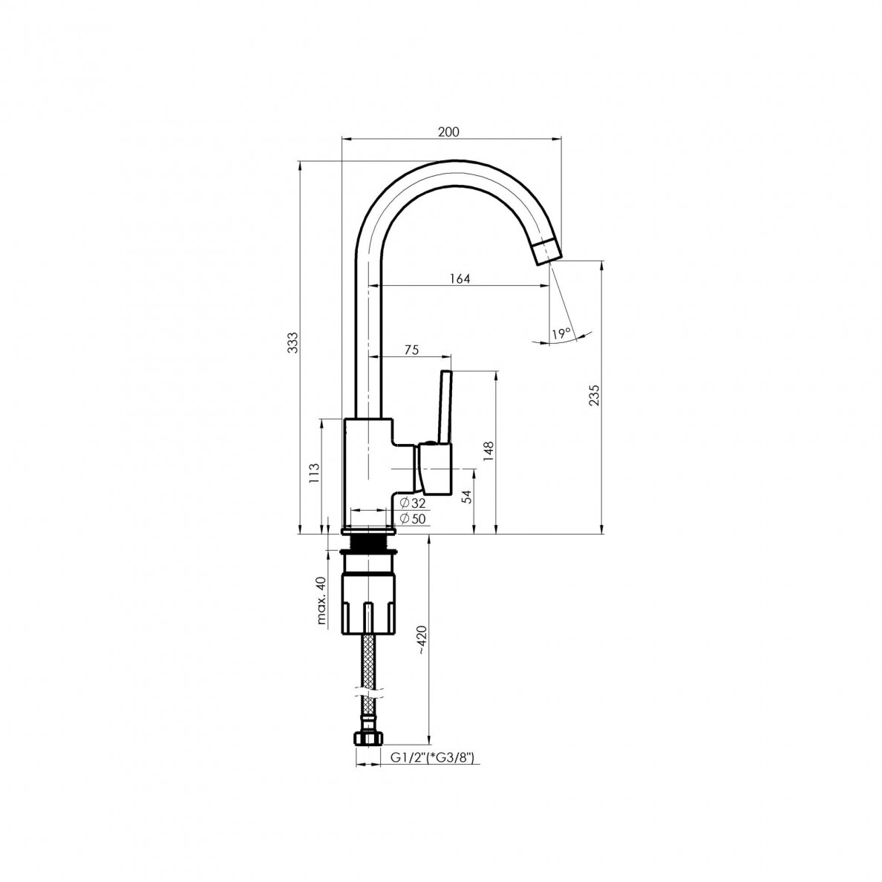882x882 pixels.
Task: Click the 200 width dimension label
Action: tap(448, 131)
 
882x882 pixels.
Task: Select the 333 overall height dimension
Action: tap(293, 342)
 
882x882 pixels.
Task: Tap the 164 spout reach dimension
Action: tap(460, 278)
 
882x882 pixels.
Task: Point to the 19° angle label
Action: tap(561, 333)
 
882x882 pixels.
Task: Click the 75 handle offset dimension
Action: tap(411, 350)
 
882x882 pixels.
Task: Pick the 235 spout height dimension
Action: tap(594, 395)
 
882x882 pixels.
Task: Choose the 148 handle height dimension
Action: tap(488, 452)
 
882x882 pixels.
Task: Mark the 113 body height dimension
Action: tap(315, 473)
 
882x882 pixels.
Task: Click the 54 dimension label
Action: tap(466, 496)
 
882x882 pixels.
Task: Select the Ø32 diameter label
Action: tap(413, 503)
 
